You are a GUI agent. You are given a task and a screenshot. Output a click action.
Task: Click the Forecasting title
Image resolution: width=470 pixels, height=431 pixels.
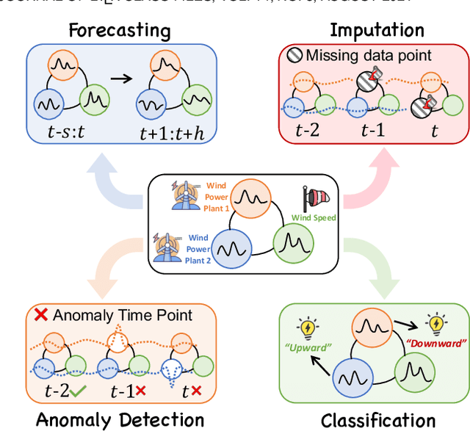pyautogui.click(x=119, y=31)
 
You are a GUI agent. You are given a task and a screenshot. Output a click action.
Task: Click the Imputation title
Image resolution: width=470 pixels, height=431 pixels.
pyautogui.click(x=377, y=30)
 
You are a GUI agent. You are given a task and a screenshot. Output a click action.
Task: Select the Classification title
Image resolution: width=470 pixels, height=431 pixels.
pyautogui.click(x=378, y=420)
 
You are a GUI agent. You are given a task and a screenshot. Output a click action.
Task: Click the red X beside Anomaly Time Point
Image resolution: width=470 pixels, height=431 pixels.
pyautogui.click(x=42, y=315)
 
